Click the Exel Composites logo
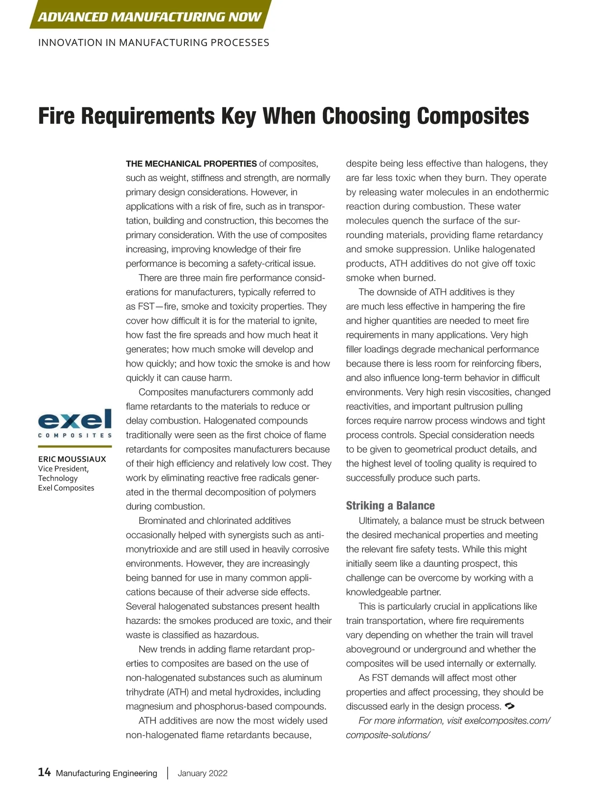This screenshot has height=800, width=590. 75,424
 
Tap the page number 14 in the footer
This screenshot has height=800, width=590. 44,772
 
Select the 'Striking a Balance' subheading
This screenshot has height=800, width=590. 390,506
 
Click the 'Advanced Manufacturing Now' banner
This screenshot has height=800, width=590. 149,17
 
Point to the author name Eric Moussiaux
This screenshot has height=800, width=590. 72,459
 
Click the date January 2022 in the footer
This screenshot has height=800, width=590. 203,773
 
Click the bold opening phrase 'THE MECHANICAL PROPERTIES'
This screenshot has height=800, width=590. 191,164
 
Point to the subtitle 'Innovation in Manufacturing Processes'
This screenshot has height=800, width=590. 153,43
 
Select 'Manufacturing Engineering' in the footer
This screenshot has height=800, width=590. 106,773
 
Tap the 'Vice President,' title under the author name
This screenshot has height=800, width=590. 63,469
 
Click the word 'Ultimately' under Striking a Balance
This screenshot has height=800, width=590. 378,521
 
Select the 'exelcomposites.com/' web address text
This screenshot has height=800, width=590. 507,721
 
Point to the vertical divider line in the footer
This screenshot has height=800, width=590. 168,773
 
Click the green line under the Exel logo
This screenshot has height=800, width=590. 75,446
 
